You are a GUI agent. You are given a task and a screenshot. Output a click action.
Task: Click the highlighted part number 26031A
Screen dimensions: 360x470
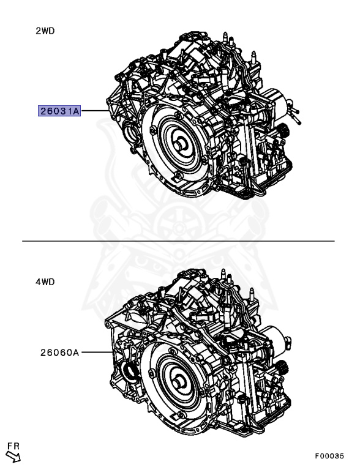pos(59,111)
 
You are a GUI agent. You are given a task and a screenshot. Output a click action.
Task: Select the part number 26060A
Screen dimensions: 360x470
pos(60,352)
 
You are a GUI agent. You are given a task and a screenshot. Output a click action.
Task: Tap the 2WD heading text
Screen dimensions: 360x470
pos(45,31)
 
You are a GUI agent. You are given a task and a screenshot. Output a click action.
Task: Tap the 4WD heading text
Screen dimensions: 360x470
pos(45,282)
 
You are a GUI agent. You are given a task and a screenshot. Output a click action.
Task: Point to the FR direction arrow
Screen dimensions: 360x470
pos(13,457)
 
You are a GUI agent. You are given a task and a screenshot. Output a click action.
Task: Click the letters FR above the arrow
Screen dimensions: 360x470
pos(13,446)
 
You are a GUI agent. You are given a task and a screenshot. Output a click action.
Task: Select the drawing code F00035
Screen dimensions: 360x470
pos(329,456)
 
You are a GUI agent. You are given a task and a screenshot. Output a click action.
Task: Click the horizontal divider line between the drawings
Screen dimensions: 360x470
pos(178,241)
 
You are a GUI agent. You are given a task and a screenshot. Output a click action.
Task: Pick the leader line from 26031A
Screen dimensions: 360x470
pos(95,111)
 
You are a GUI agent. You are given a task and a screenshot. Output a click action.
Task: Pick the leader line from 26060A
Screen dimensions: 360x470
pos(97,352)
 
